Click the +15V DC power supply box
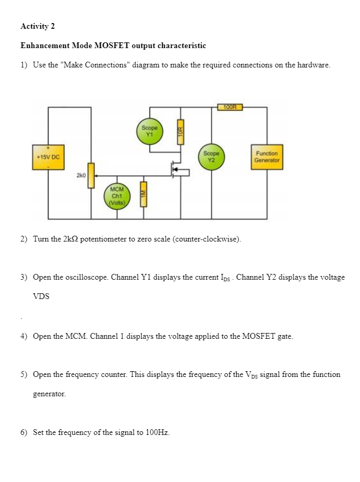coord(48,157)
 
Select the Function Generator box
coord(266,157)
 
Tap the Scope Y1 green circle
coord(149,131)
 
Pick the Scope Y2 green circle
coord(211,157)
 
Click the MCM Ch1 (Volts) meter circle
coord(117,196)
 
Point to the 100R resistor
coord(230,107)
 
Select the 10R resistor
coord(181,132)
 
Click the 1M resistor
coord(144,194)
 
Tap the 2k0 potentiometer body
coord(91,176)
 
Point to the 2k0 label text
coord(81,176)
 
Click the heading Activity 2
coord(38,27)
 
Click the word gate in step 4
coord(285,337)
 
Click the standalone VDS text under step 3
coord(41,296)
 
